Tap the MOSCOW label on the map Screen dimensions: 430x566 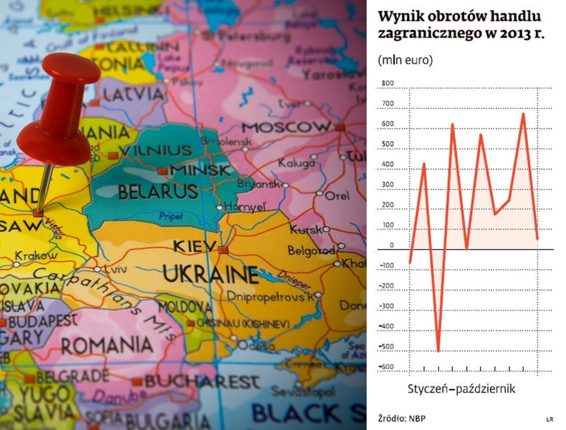click(x=286, y=127)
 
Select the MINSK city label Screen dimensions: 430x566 click(x=200, y=171)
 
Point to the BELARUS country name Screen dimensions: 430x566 click(x=158, y=192)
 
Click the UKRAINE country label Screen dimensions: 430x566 click(x=211, y=275)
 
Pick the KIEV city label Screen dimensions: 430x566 click(x=194, y=246)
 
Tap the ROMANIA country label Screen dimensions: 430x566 click(x=107, y=346)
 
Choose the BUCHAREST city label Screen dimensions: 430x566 click(x=202, y=381)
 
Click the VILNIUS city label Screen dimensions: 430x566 click(x=155, y=151)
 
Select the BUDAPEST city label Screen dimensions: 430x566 click(x=42, y=322)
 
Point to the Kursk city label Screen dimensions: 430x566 click(x=306, y=230)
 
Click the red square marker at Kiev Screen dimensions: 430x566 click(x=223, y=250)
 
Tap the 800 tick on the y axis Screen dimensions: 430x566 click(x=387, y=83)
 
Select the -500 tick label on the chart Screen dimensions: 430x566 click(x=386, y=346)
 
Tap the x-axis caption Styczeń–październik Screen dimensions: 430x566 click(x=461, y=389)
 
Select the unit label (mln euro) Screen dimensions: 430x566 click(x=405, y=60)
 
